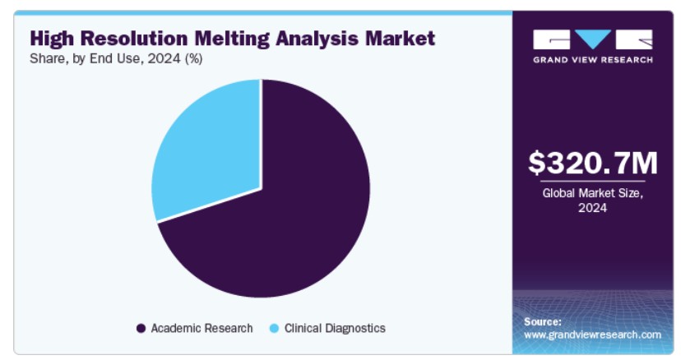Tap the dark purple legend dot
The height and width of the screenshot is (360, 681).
click(141, 328)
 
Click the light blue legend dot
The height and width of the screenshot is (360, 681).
click(274, 328)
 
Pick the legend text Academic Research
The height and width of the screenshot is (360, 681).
click(202, 328)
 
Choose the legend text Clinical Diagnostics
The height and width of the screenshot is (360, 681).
click(335, 328)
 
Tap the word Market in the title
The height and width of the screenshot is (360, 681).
click(400, 38)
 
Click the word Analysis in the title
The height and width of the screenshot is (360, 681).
click(317, 39)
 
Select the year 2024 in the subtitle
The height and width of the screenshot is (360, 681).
click(164, 58)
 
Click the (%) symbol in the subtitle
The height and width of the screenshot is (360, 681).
click(194, 59)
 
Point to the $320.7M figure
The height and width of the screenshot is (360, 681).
click(593, 163)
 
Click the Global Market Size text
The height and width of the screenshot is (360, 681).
click(592, 193)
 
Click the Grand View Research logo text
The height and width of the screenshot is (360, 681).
click(593, 60)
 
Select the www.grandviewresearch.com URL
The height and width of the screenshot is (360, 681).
click(592, 335)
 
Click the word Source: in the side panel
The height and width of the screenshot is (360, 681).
click(543, 322)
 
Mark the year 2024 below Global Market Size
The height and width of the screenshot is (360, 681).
click(592, 208)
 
